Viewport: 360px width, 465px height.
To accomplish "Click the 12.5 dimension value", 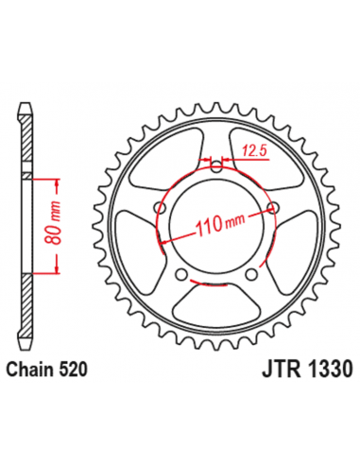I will [x=252, y=148].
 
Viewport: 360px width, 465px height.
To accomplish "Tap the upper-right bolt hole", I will [x=274, y=209].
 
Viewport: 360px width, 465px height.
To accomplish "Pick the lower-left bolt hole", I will [x=185, y=275].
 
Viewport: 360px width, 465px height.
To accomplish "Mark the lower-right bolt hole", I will [x=250, y=275].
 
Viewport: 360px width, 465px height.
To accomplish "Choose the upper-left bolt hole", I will [x=163, y=209].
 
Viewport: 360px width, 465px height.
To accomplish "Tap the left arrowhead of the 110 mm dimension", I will [x=166, y=242].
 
